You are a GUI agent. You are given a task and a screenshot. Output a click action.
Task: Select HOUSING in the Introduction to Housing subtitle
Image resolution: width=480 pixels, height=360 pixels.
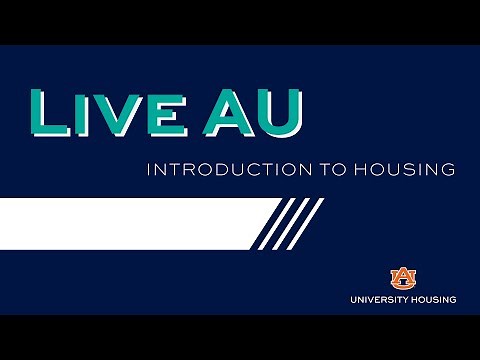click(399, 170)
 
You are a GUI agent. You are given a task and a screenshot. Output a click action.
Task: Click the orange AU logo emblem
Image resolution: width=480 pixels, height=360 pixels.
click(402, 276)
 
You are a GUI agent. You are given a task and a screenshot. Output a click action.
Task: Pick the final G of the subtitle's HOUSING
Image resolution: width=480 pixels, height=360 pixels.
click(449, 170)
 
